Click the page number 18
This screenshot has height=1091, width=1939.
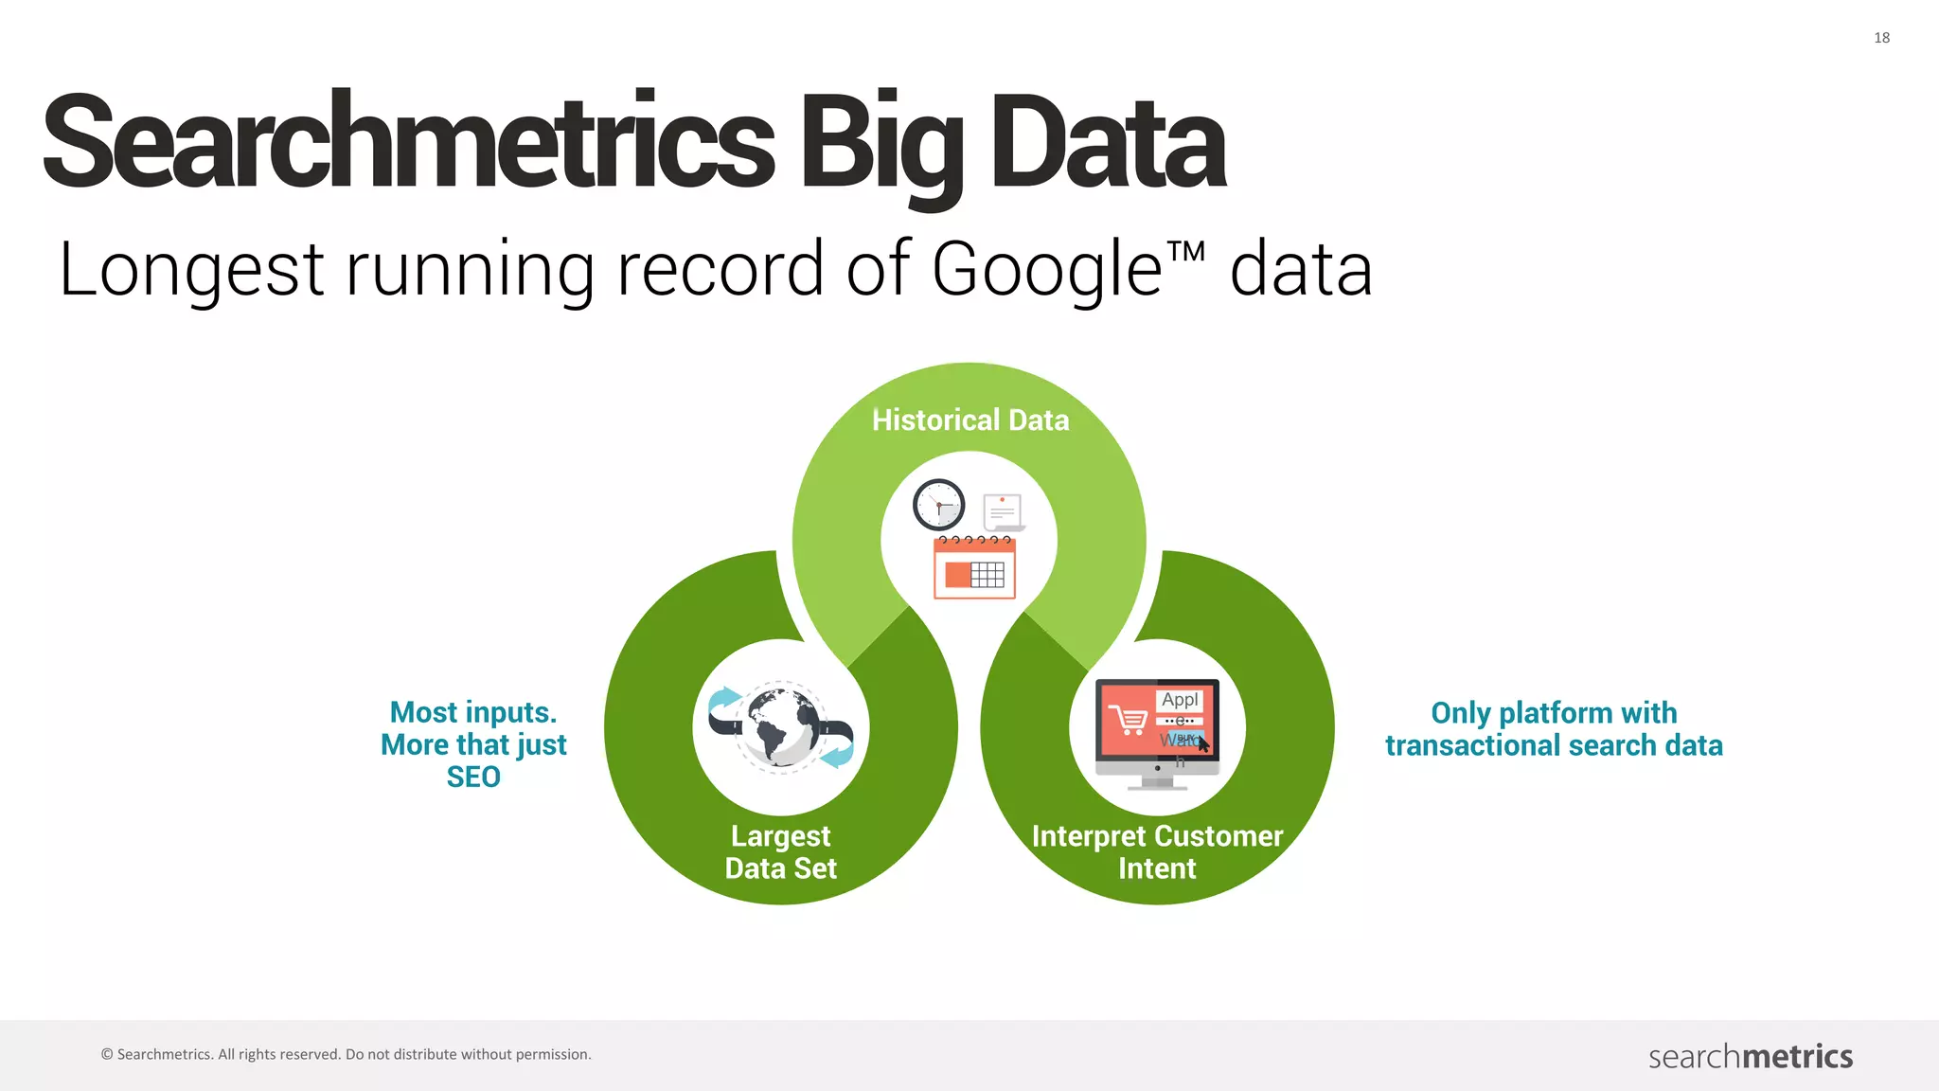click(x=1881, y=38)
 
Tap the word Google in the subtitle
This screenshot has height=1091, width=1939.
click(x=1046, y=270)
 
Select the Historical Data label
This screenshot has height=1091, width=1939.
click(x=970, y=420)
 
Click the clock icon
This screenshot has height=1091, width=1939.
click(x=938, y=505)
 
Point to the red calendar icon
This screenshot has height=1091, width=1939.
click(x=974, y=568)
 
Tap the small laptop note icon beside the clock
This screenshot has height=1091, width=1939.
click(x=1003, y=512)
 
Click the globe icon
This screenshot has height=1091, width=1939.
click(x=782, y=726)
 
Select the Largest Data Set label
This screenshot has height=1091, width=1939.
click(x=781, y=852)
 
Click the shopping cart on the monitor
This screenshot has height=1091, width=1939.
click(x=1128, y=720)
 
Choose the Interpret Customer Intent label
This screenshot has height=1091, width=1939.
click(x=1157, y=852)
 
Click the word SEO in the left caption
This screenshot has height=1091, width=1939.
click(x=473, y=778)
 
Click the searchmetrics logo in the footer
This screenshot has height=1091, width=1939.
click(x=1751, y=1056)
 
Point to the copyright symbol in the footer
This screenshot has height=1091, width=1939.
click(x=107, y=1055)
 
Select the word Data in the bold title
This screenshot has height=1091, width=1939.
click(x=1108, y=142)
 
